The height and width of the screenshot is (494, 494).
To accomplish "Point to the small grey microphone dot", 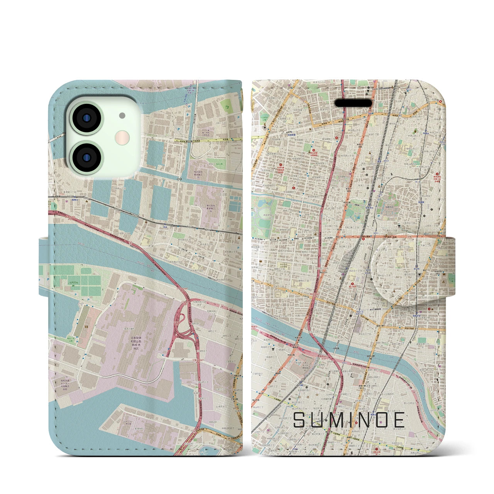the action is pos(122,115).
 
